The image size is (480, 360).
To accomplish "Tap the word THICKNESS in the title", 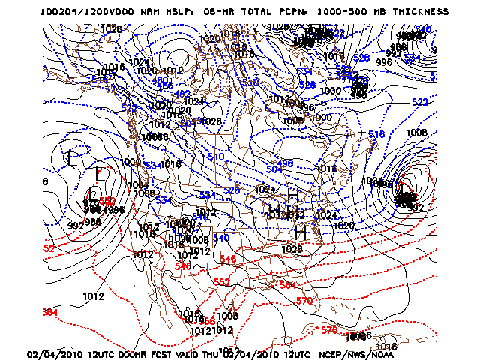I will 417,13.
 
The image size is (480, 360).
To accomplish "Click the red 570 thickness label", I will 304,301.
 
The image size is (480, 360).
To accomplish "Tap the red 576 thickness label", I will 328,329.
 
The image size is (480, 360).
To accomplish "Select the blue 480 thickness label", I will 160,80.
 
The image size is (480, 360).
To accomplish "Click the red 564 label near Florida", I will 286,285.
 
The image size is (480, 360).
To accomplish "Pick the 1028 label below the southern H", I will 294,249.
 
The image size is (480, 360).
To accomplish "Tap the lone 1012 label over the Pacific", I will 93,296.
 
